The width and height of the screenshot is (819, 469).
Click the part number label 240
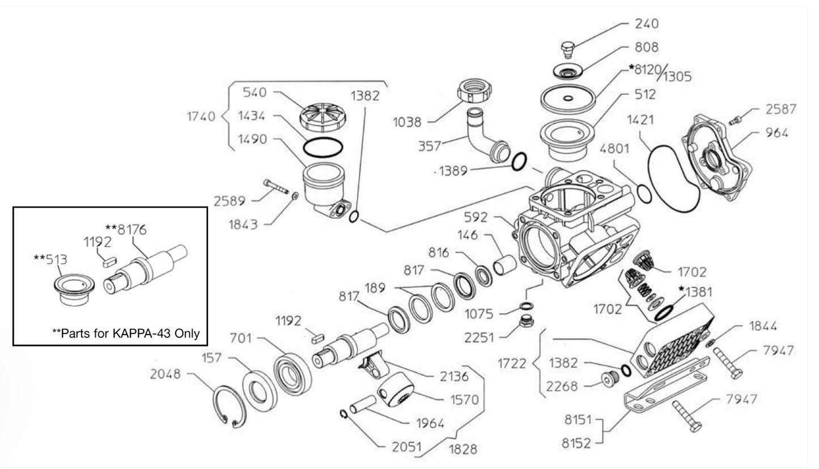(x=647, y=24)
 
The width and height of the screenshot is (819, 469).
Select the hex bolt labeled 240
(x=568, y=50)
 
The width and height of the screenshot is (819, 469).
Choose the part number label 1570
(x=464, y=400)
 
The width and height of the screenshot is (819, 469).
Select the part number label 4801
(x=614, y=149)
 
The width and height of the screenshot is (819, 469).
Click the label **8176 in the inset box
(x=126, y=229)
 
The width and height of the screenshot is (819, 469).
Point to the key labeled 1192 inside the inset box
(x=110, y=261)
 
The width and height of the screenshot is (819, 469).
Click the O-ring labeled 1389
(x=519, y=162)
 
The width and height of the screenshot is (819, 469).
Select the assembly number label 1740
(x=201, y=116)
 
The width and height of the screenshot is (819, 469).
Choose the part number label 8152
(x=576, y=443)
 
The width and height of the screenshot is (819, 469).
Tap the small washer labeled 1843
(x=295, y=196)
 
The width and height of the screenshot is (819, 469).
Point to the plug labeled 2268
(x=609, y=380)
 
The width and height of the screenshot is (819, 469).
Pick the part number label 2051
(x=406, y=447)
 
